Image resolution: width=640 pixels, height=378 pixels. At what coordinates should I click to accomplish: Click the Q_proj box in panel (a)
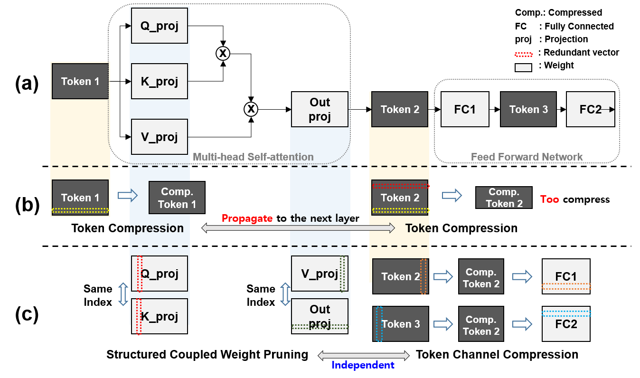point(160,27)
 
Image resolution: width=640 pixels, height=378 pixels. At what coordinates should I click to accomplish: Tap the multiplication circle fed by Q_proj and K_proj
point(222,54)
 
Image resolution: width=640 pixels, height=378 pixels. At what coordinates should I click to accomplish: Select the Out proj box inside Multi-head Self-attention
point(320,110)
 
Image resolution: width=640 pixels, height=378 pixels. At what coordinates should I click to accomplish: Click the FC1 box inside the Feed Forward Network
point(465,110)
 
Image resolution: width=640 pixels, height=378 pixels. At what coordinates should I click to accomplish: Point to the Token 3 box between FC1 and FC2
point(528,110)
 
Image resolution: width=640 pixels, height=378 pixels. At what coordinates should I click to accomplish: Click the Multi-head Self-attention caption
point(253,157)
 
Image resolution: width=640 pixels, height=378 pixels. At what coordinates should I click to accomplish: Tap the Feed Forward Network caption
point(527,157)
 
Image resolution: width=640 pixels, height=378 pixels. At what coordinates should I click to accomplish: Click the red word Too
point(550,199)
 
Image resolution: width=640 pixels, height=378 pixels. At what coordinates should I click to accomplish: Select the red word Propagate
point(246,218)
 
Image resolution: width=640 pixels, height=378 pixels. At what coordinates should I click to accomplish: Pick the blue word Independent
point(363,365)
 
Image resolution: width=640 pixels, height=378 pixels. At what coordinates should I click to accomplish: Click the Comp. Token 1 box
point(177,198)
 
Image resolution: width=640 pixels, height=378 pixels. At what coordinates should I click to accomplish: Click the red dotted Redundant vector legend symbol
point(527,53)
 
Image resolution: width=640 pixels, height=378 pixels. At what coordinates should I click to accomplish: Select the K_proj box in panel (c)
point(160,316)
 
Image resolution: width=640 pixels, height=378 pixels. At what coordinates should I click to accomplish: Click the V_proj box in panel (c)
point(320,274)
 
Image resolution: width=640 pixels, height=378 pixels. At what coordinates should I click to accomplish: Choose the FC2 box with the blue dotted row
point(566,323)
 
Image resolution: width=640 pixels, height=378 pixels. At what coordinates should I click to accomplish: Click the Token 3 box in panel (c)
point(401,324)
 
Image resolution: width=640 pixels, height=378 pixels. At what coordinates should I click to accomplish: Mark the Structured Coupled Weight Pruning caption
point(207,355)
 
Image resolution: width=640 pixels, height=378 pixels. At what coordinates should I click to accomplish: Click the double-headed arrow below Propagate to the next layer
point(298,228)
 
